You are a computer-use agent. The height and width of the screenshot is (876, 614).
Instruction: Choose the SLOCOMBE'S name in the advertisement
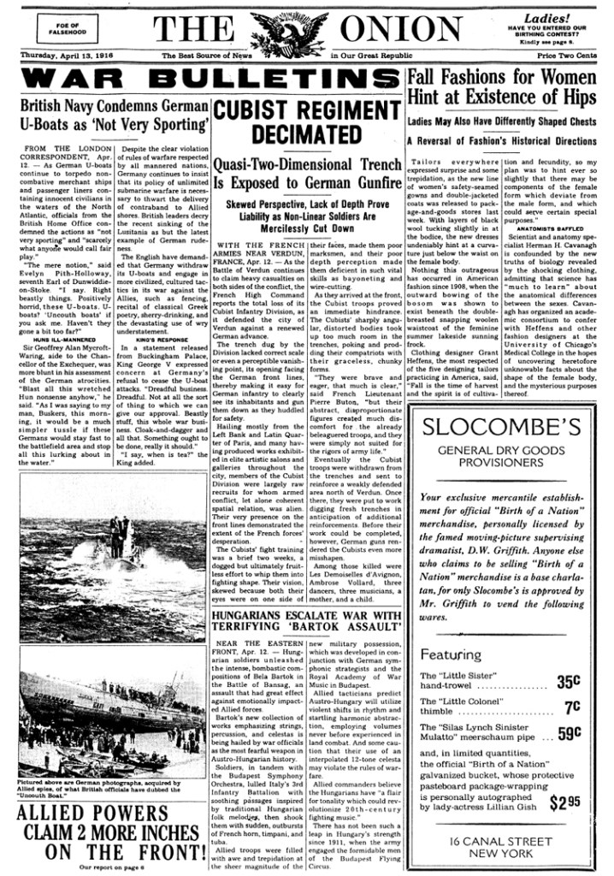pyautogui.click(x=506, y=428)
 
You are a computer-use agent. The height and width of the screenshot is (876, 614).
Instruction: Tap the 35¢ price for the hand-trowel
pyautogui.click(x=569, y=683)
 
